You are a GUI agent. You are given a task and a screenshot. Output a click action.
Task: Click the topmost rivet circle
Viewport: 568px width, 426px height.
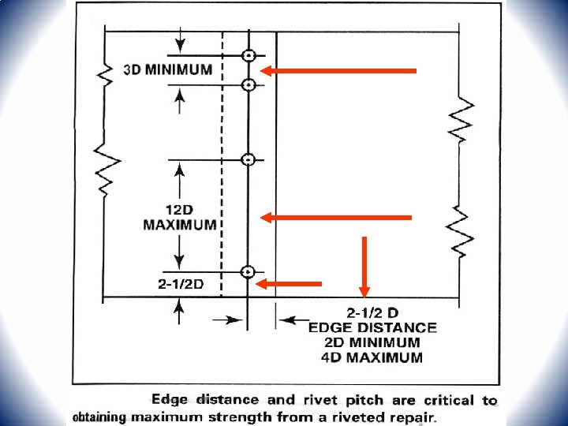pos(248,55)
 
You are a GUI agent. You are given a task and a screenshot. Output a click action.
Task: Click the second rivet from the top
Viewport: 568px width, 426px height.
pos(248,85)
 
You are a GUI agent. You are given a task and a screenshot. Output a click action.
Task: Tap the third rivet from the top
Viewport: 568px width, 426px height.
pos(248,160)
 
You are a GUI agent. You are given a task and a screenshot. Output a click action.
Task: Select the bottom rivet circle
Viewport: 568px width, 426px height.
pos(248,272)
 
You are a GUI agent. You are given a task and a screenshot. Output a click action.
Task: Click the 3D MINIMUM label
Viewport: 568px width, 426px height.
pos(168,69)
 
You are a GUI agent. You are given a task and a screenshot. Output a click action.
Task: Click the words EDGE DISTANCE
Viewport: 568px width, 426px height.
pos(372,327)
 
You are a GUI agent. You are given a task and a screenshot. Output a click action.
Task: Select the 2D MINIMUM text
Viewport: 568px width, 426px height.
pos(372,342)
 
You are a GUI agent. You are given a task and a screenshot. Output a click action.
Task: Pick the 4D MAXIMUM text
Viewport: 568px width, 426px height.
pos(372,357)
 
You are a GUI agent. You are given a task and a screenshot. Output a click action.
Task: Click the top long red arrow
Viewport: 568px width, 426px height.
pos(339,71)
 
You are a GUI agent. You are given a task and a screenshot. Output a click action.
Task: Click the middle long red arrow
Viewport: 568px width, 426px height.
pos(337,217)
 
